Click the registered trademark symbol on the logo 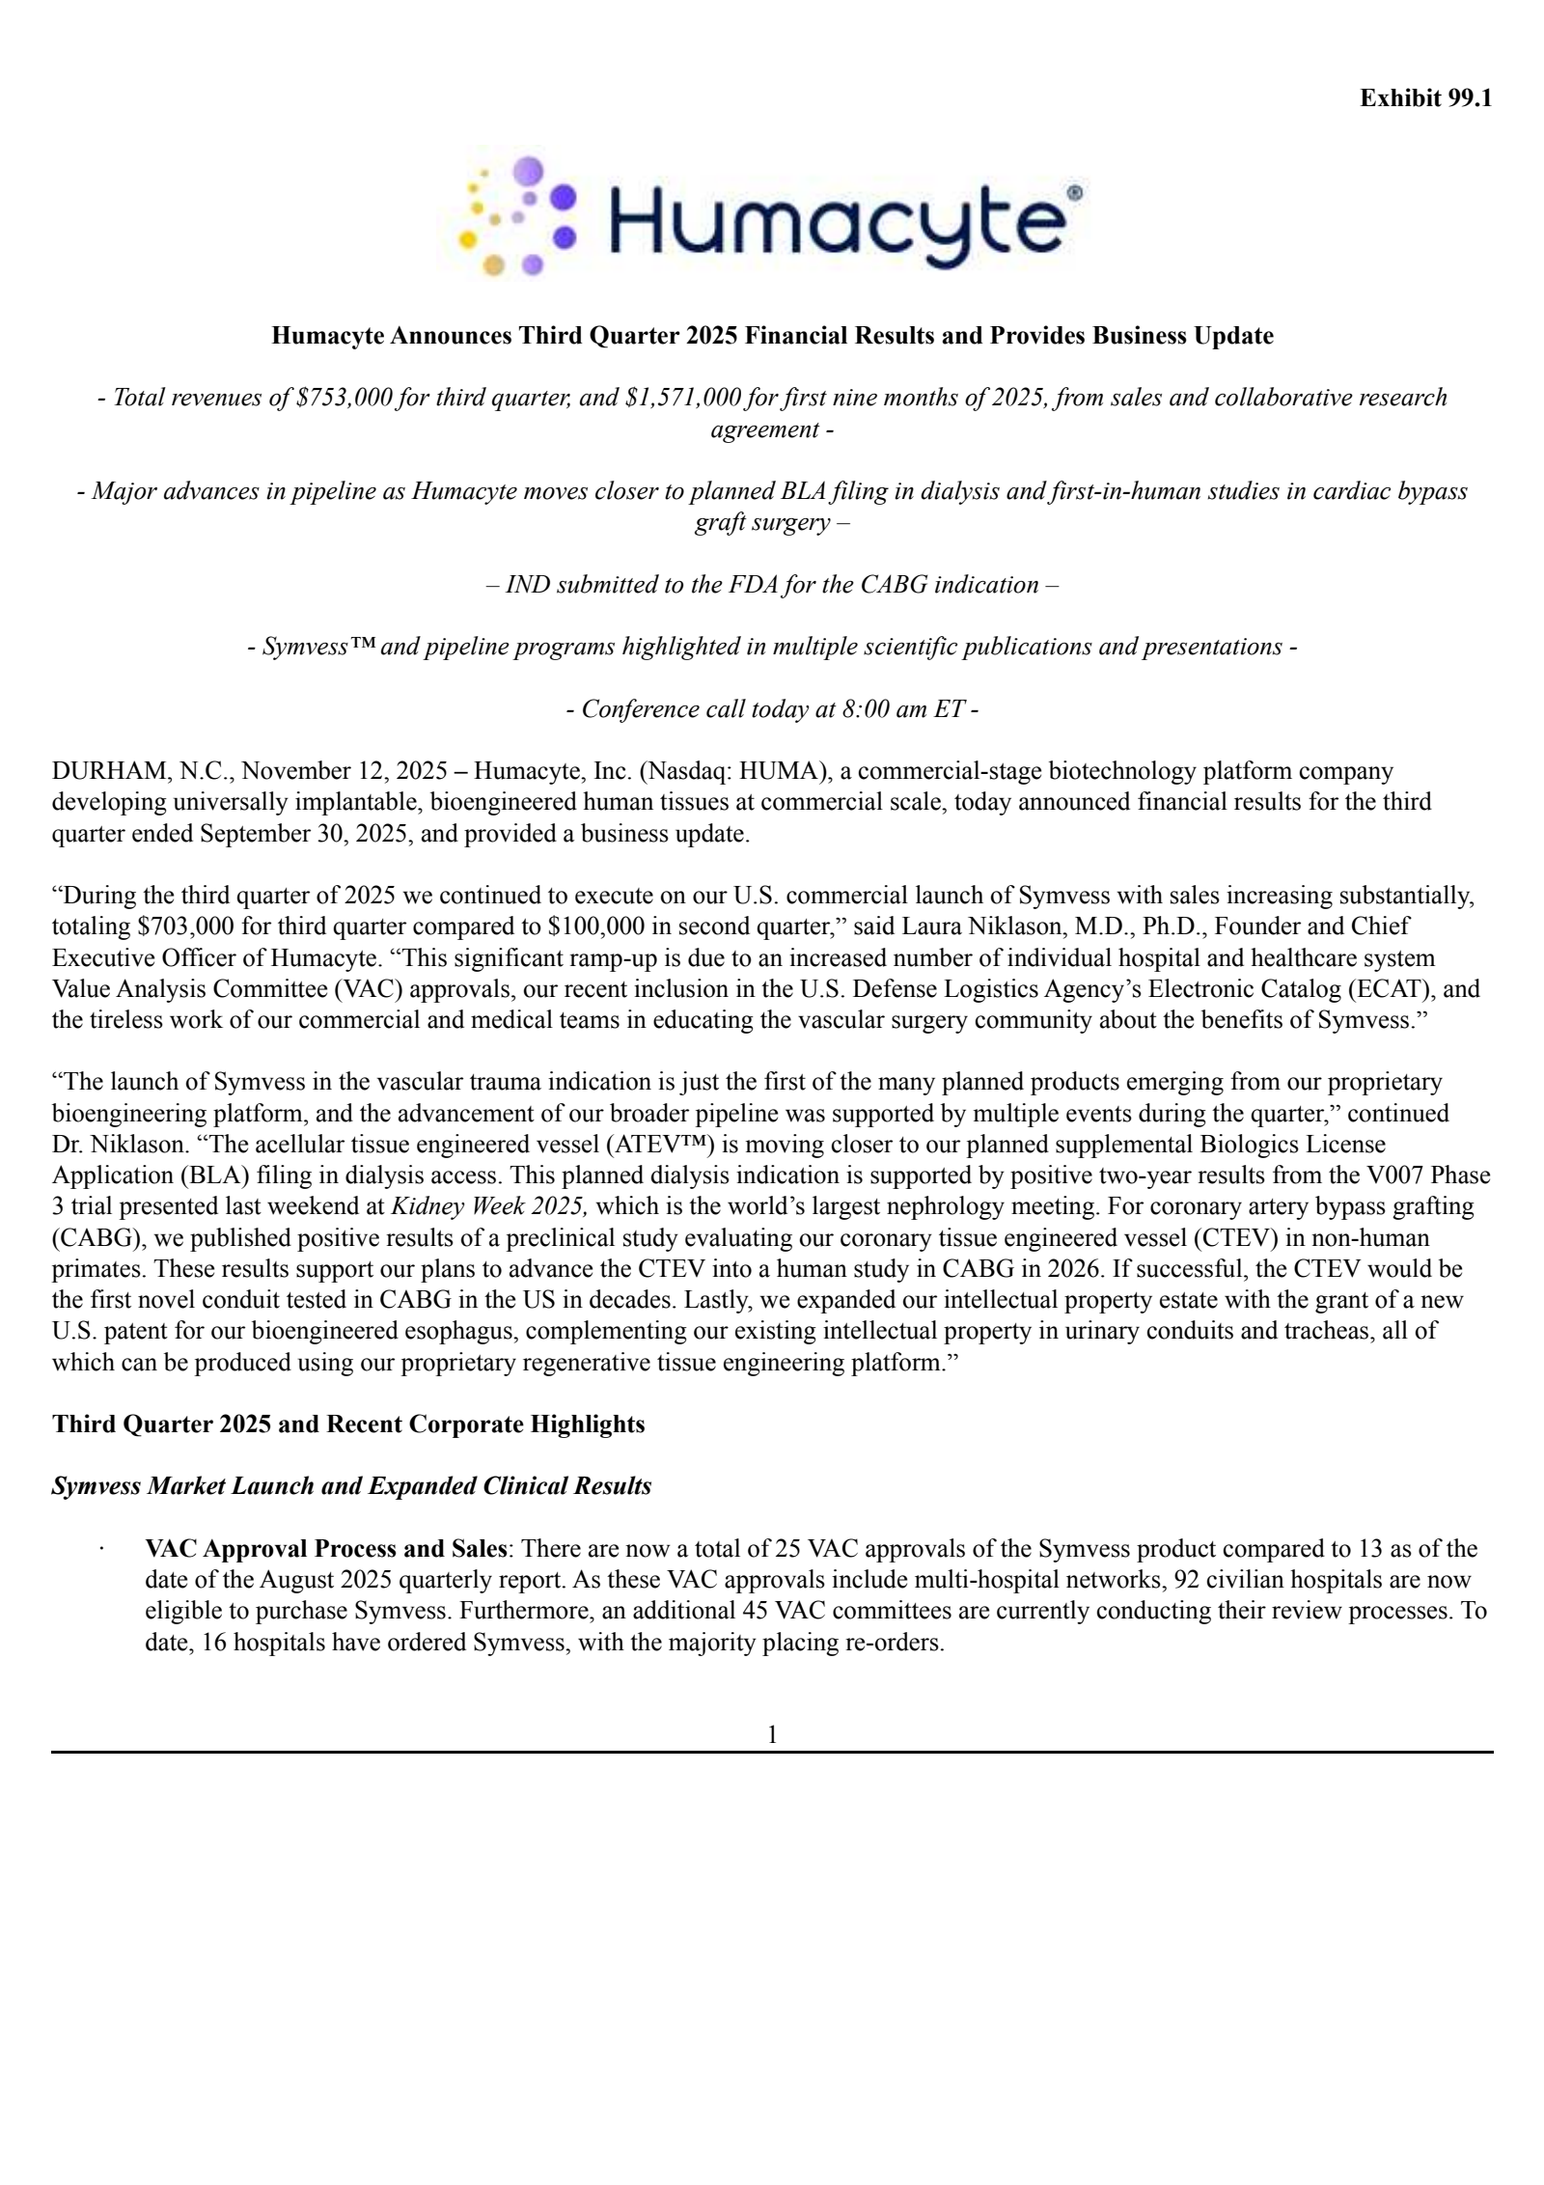(x=1074, y=193)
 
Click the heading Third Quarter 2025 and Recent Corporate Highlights (x=348, y=1424)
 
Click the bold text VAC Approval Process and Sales (x=325, y=1549)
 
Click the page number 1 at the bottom (x=772, y=1735)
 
